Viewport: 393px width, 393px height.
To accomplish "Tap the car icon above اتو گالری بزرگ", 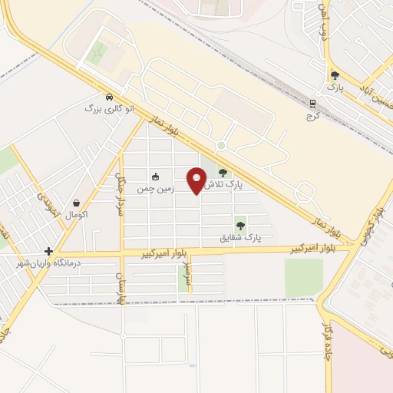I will [110, 97].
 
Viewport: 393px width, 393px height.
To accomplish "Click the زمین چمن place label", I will [156, 187].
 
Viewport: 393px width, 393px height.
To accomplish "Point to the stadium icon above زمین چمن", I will [156, 176].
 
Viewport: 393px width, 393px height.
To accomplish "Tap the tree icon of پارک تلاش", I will [223, 173].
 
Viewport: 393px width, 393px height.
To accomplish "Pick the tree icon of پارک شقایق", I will [241, 226].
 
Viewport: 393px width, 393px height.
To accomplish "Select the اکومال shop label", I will [77, 215].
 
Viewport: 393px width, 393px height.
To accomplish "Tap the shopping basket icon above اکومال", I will [77, 203].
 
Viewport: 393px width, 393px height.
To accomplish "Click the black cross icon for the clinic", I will [48, 251].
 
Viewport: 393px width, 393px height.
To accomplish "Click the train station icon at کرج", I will [313, 103].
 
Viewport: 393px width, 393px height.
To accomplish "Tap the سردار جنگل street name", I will [121, 195].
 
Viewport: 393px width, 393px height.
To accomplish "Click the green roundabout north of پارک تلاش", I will [221, 144].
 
